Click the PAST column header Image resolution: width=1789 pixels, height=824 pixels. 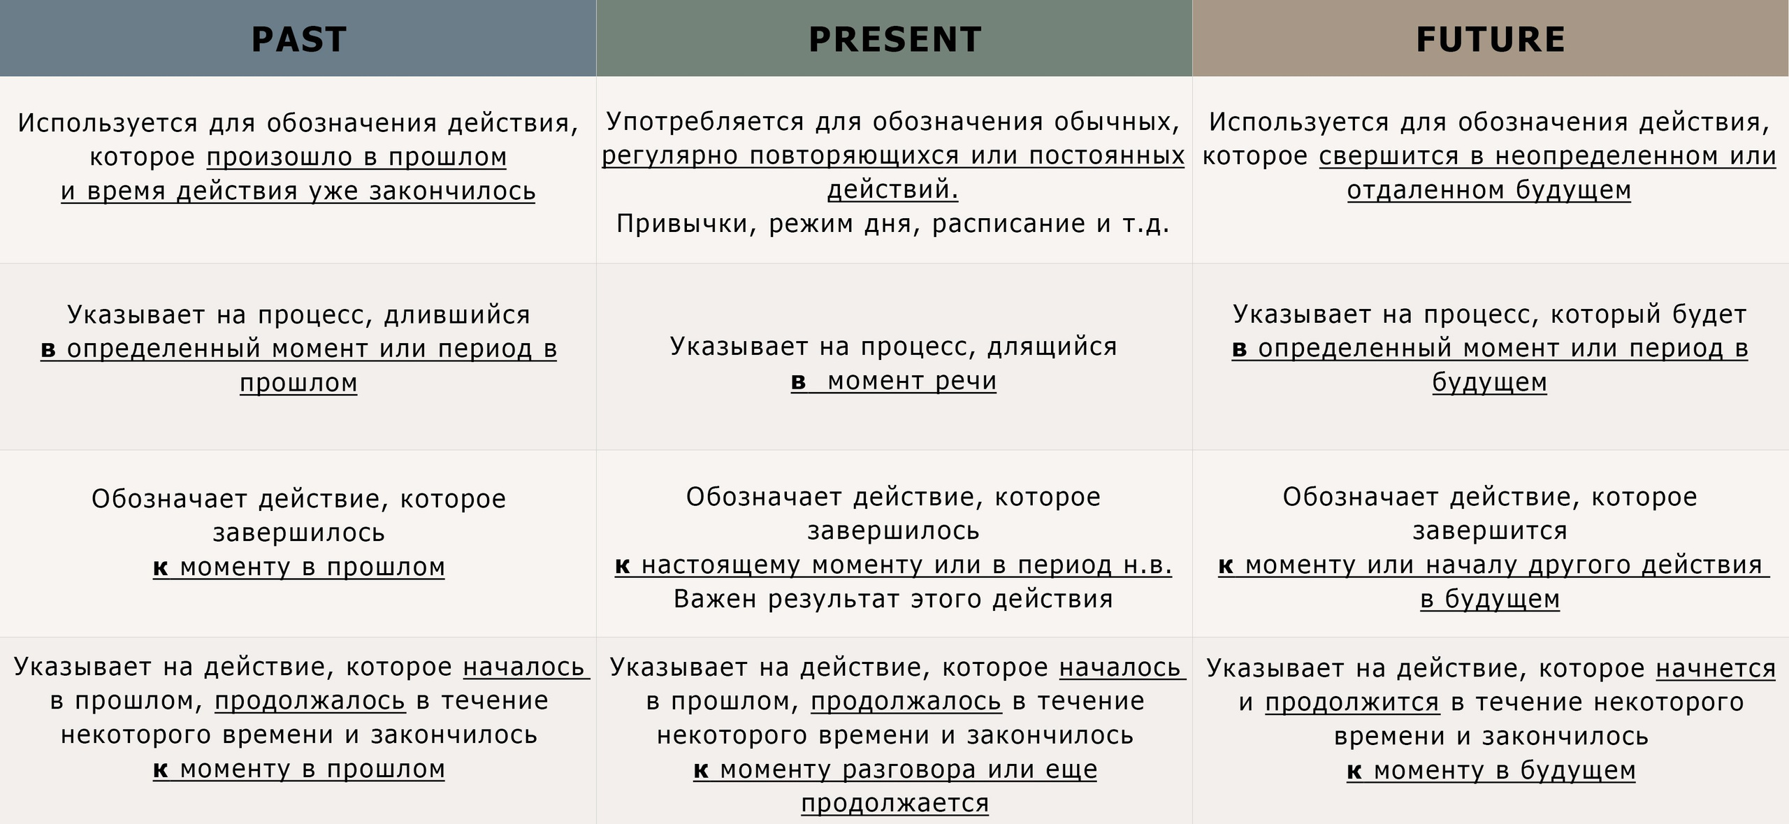click(x=298, y=39)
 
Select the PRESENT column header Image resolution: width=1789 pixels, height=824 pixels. click(x=894, y=39)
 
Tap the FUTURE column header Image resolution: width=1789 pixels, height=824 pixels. click(x=1490, y=39)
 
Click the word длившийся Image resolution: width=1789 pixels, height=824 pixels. click(x=457, y=315)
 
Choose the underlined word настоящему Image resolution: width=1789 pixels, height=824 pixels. click(x=720, y=565)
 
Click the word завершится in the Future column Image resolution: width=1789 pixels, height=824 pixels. click(x=1490, y=531)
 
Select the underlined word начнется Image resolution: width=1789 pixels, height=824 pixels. click(x=1716, y=669)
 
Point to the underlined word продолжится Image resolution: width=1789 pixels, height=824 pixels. click(x=1352, y=702)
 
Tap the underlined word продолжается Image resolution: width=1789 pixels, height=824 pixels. click(x=894, y=804)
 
